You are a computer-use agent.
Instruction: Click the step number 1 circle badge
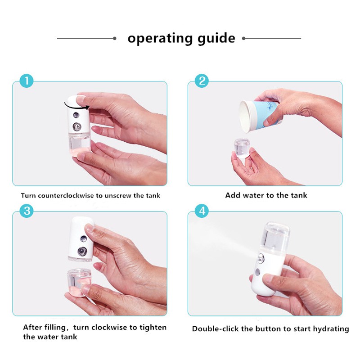(x=27, y=81)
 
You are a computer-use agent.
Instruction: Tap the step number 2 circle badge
(x=202, y=81)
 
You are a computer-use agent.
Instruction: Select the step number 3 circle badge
(x=27, y=211)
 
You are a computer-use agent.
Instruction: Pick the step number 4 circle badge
(x=202, y=211)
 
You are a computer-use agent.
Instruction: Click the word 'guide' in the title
(x=216, y=39)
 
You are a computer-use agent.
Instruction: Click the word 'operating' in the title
(x=160, y=39)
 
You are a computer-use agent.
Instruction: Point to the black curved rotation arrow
(x=76, y=106)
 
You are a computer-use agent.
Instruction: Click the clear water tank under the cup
(x=242, y=148)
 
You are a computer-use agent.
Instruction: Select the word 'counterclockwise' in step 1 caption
(x=66, y=196)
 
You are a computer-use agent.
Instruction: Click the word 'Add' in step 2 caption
(x=233, y=195)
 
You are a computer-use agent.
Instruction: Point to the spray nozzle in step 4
(x=261, y=258)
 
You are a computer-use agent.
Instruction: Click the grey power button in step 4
(x=257, y=273)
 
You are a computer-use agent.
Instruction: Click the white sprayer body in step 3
(x=81, y=239)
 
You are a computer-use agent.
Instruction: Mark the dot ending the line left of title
(x=115, y=38)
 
